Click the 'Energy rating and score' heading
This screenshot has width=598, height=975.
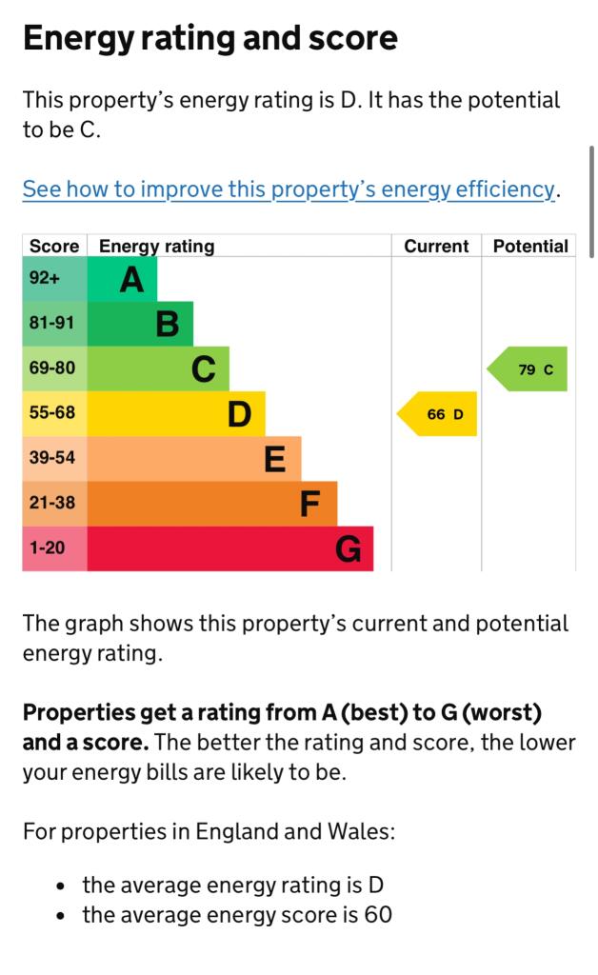[209, 38]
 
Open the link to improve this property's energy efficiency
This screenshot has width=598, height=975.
[289, 189]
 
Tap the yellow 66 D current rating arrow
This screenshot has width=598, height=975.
[438, 414]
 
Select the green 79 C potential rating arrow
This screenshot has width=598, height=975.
[529, 369]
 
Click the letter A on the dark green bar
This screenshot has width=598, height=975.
[132, 280]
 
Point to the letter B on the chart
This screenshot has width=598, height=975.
[168, 325]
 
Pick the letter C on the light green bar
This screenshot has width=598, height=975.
[204, 369]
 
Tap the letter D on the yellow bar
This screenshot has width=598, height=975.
[240, 414]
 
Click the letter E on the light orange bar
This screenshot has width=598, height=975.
[275, 460]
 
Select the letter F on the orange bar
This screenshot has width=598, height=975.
[310, 504]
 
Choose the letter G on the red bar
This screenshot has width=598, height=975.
[349, 549]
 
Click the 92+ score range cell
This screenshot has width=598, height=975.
[45, 279]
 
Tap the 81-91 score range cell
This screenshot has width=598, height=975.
[51, 324]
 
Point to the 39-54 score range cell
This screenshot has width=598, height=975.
[51, 458]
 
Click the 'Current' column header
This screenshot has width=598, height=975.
[436, 246]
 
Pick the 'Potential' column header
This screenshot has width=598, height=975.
[530, 246]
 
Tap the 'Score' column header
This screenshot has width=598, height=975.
[54, 246]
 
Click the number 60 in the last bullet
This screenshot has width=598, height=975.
[378, 915]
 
